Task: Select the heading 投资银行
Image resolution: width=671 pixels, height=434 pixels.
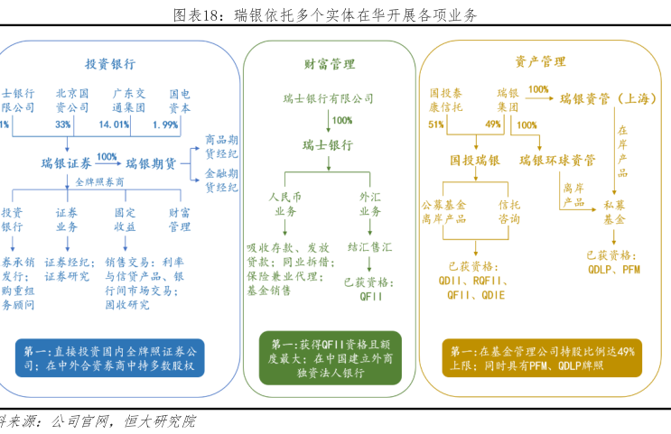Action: (110, 64)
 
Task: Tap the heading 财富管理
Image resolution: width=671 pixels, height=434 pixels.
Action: (329, 64)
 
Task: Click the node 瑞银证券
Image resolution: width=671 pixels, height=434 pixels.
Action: (66, 163)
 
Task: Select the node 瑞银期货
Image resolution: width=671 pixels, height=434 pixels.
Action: (151, 163)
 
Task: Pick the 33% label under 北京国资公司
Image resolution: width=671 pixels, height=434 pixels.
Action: (62, 125)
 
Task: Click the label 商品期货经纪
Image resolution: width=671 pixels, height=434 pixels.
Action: (221, 146)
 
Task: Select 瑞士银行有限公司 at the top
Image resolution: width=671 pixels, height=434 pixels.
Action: (328, 98)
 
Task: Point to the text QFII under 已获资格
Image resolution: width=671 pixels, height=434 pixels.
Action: (372, 295)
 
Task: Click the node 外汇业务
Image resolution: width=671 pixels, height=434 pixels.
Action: (370, 203)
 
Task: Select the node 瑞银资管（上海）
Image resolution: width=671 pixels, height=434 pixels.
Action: (607, 98)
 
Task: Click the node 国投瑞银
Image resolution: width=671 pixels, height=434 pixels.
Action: (475, 160)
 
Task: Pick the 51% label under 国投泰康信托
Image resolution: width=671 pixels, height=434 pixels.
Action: (436, 125)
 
